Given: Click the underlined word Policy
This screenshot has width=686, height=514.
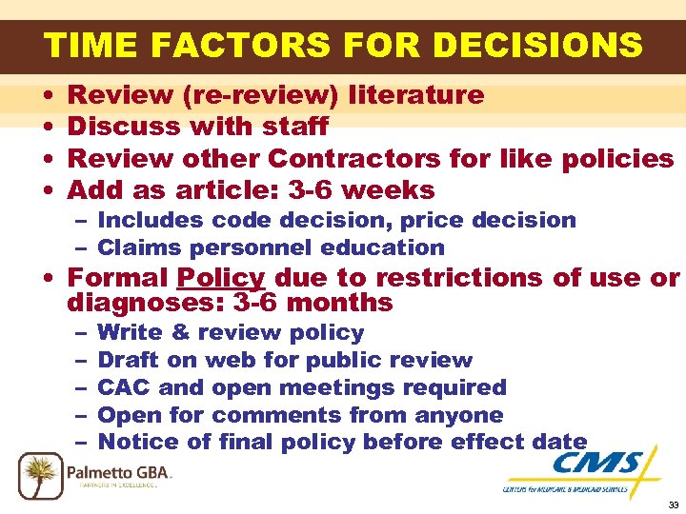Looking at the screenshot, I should click(x=221, y=278).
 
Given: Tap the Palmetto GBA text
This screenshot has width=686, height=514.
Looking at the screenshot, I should click(x=119, y=470).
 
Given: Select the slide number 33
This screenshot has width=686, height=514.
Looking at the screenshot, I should click(x=673, y=504).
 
